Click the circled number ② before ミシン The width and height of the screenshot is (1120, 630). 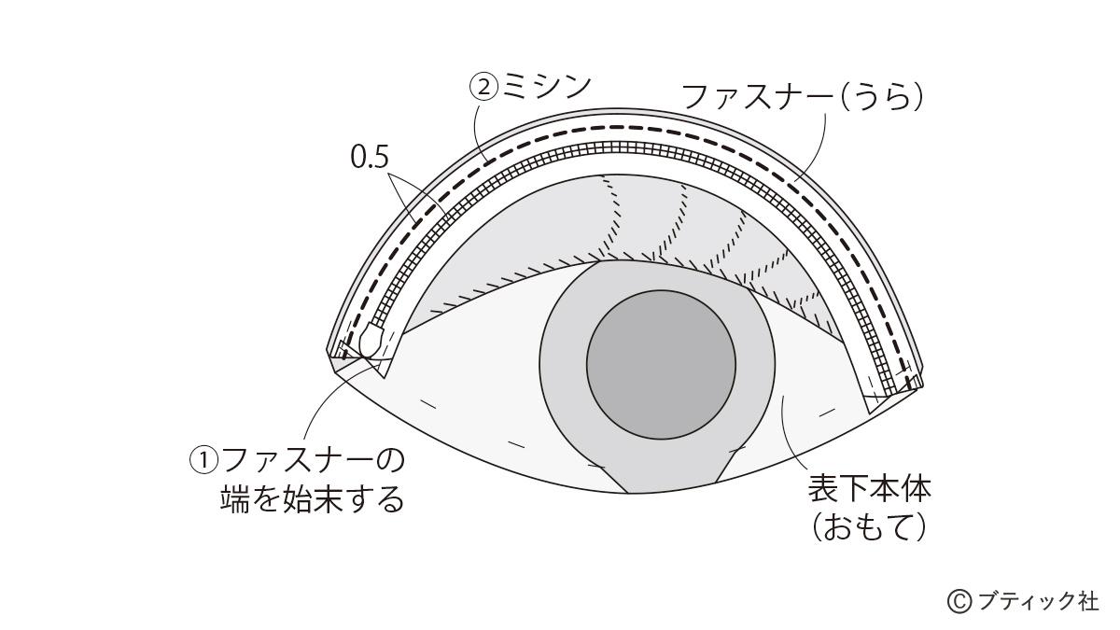tap(483, 88)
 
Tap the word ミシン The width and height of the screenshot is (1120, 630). tap(546, 87)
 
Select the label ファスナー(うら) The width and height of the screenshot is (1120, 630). tap(803, 97)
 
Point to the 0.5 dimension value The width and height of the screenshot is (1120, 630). tap(370, 157)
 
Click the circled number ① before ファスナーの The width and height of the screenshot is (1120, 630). tap(203, 459)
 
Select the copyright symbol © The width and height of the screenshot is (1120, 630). tap(959, 602)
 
